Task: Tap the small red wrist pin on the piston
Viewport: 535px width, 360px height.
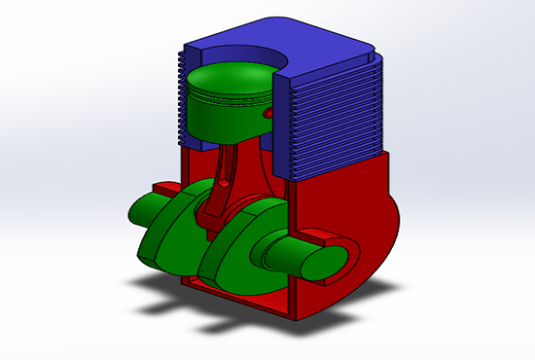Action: [x=265, y=114]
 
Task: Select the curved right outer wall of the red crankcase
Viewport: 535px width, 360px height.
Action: [x=384, y=234]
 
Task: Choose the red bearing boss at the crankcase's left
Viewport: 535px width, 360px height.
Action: [x=165, y=184]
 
